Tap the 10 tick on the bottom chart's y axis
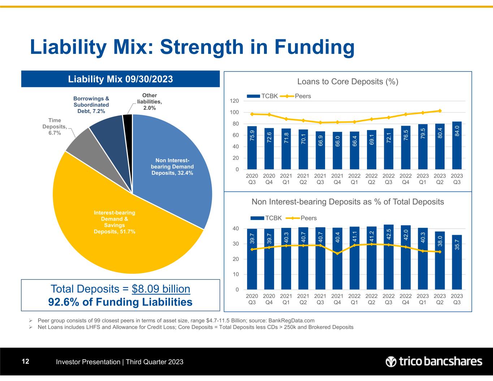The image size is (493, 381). pyautogui.click(x=235, y=274)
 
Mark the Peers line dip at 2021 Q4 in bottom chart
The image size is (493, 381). pyautogui.click(x=337, y=254)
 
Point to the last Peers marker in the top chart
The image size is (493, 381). pyautogui.click(x=440, y=111)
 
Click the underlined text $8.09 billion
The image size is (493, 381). pyautogui.click(x=161, y=289)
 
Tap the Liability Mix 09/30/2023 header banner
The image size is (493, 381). pyautogui.click(x=120, y=79)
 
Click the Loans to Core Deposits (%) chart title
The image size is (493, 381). pyautogui.click(x=347, y=82)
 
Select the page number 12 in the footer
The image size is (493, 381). pyautogui.click(x=25, y=361)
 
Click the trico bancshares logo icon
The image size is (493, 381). pyautogui.click(x=391, y=361)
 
